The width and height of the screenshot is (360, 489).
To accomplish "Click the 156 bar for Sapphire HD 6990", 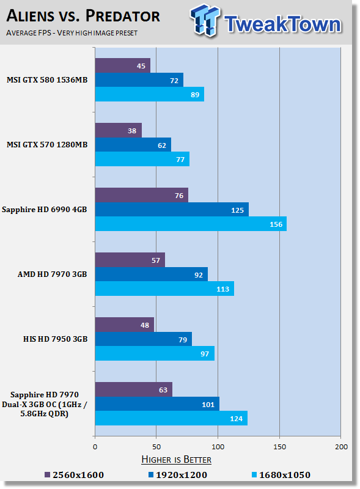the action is tap(191, 224).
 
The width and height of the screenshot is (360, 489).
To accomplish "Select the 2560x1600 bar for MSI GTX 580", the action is tap(123, 65).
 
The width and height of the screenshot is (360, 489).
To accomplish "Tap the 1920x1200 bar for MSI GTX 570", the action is tap(133, 145).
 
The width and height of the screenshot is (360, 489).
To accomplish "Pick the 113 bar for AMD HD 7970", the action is tap(164, 289).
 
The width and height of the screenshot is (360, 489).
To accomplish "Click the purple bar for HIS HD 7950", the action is tap(125, 325).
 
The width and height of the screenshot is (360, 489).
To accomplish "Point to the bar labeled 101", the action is tap(157, 404).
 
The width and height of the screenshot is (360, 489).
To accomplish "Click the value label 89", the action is tap(195, 95).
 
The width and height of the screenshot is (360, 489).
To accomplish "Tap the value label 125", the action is tap(237, 210).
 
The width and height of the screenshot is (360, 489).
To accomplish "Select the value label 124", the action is tap(236, 419).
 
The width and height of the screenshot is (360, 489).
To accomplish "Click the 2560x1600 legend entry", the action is tap(74, 475).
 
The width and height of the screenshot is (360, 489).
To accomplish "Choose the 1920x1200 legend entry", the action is tap(177, 475).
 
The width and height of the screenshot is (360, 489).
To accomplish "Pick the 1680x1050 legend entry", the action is tap(281, 475).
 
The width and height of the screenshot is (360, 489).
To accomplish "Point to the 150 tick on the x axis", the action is tap(279, 447).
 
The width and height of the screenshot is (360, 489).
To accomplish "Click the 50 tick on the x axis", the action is tap(156, 447).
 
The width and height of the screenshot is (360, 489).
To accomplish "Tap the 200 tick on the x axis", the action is tap(341, 447).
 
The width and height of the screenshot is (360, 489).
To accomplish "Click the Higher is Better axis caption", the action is tap(176, 460).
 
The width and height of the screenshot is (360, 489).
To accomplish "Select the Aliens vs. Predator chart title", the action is tap(83, 16).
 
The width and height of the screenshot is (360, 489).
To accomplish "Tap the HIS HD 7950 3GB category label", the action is tap(55, 339).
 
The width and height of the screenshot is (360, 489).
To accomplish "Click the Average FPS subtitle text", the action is tap(72, 33).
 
